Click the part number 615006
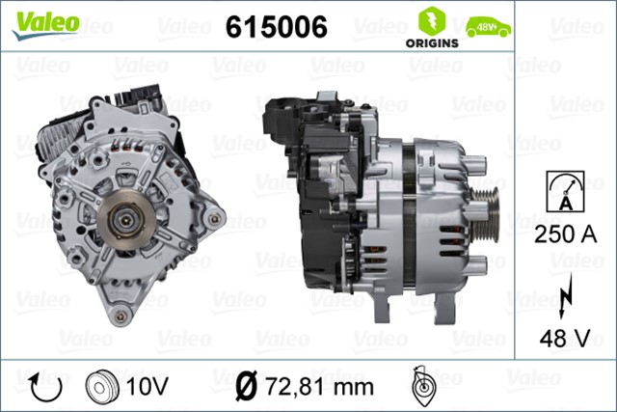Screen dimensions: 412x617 (x=276, y=28)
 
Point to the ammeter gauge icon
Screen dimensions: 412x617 (x=564, y=190)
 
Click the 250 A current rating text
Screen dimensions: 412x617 (x=564, y=234)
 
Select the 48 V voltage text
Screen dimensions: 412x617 (x=564, y=338)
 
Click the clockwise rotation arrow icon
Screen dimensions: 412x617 (x=45, y=386)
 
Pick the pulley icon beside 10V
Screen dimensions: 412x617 (x=101, y=386)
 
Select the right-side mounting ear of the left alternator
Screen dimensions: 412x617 (x=214, y=219)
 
